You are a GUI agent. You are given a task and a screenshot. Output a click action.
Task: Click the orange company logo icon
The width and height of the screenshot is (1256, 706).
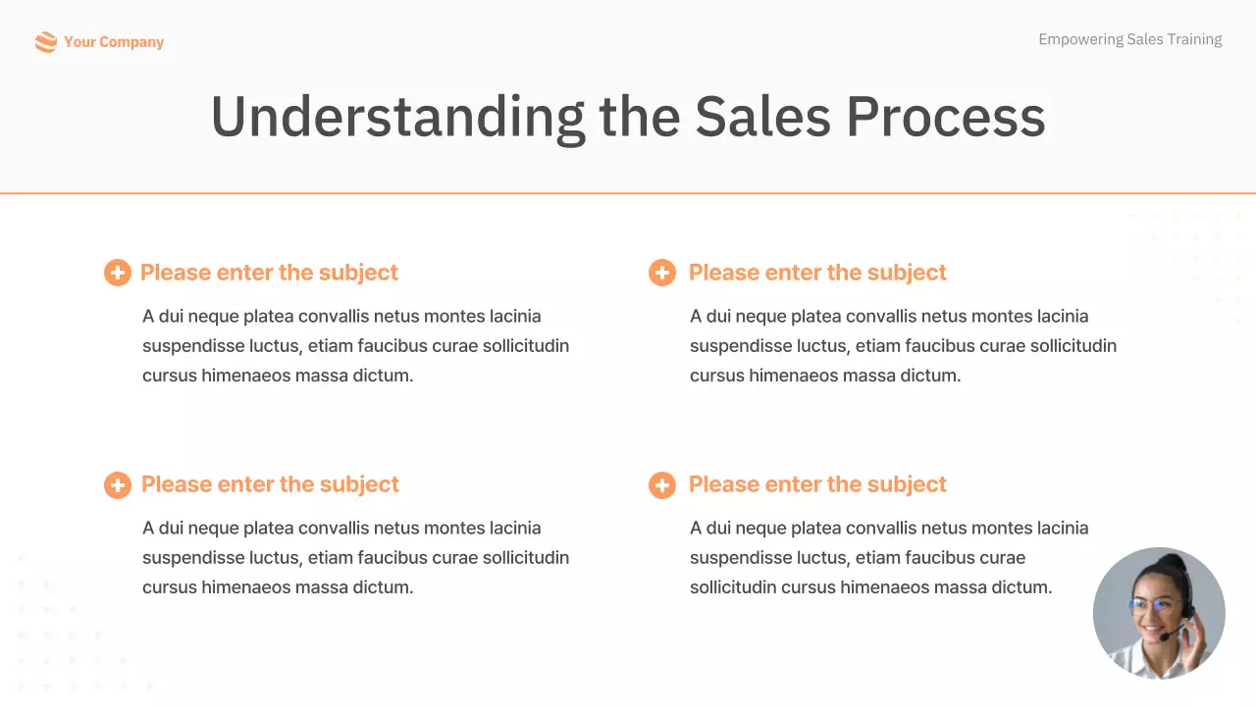(x=45, y=42)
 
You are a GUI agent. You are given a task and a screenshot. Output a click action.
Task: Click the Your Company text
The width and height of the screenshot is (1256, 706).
(x=114, y=42)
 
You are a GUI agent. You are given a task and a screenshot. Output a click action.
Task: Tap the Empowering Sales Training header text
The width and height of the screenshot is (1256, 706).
(x=1129, y=39)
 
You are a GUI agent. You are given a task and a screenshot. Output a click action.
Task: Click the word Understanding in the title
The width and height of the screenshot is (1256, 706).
(x=397, y=117)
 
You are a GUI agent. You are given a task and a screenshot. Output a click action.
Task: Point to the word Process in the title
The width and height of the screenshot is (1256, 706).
(x=945, y=117)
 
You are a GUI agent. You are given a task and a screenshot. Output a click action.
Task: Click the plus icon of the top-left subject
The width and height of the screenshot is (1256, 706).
(x=117, y=273)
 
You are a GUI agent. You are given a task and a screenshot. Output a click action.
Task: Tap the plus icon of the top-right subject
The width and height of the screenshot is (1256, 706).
(x=662, y=273)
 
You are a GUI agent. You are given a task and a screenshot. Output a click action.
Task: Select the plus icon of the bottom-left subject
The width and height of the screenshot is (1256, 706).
(x=117, y=484)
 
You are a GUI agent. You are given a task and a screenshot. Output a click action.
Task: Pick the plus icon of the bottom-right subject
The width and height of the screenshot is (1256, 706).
(x=662, y=484)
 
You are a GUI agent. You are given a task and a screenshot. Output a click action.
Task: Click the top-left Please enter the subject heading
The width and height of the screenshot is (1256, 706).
(x=269, y=273)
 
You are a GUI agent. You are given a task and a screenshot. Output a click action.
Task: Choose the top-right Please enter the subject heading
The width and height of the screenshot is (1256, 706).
(x=817, y=273)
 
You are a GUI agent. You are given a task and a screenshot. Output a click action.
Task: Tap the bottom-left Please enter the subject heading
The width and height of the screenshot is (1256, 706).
(x=270, y=484)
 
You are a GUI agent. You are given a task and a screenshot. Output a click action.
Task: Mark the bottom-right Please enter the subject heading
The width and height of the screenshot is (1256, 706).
(x=817, y=484)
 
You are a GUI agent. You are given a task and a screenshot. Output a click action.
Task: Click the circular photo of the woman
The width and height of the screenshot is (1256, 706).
(x=1159, y=613)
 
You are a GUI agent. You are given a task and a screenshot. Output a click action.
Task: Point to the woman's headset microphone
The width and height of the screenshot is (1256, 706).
(x=1165, y=636)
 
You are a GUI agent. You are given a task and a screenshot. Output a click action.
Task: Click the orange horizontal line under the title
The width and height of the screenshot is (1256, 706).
(x=628, y=193)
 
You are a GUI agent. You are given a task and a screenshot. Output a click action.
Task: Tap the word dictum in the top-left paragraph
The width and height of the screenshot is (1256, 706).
(x=383, y=376)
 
